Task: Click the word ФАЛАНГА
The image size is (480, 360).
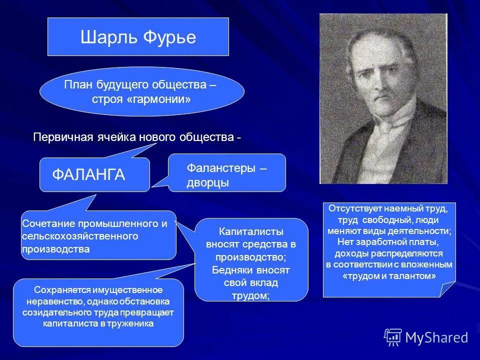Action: coord(88,175)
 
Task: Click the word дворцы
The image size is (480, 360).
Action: coord(207,183)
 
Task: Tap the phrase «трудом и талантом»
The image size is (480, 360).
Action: coord(389,275)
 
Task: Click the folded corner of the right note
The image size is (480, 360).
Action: coord(448,290)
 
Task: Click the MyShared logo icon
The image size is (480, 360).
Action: coord(392,337)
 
